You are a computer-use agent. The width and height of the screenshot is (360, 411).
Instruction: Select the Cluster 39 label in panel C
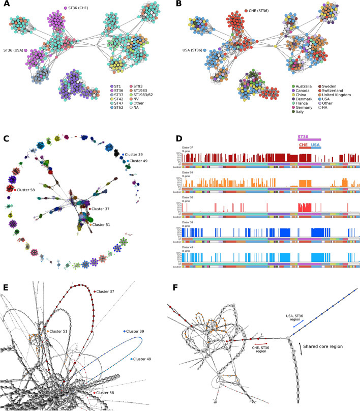point(135,153)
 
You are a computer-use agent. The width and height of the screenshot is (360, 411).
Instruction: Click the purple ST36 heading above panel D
point(304,137)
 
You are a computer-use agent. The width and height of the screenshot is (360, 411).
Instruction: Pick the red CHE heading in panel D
point(304,145)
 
